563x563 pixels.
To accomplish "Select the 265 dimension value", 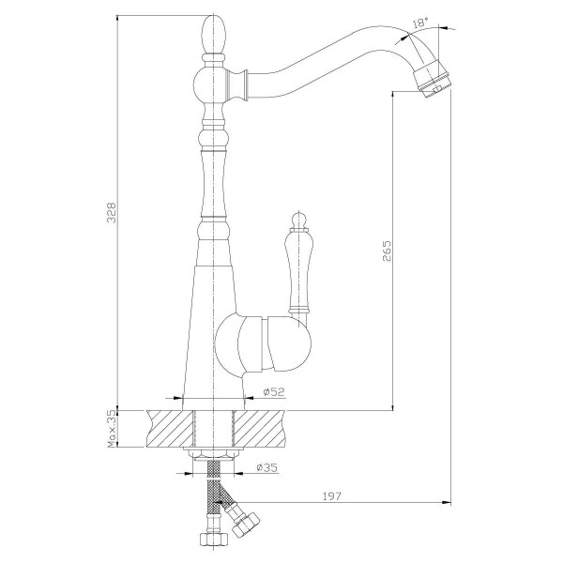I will tap(386, 251).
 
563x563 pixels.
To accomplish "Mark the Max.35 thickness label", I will tap(111, 427).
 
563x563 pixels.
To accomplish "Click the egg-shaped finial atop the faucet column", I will tap(215, 35).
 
